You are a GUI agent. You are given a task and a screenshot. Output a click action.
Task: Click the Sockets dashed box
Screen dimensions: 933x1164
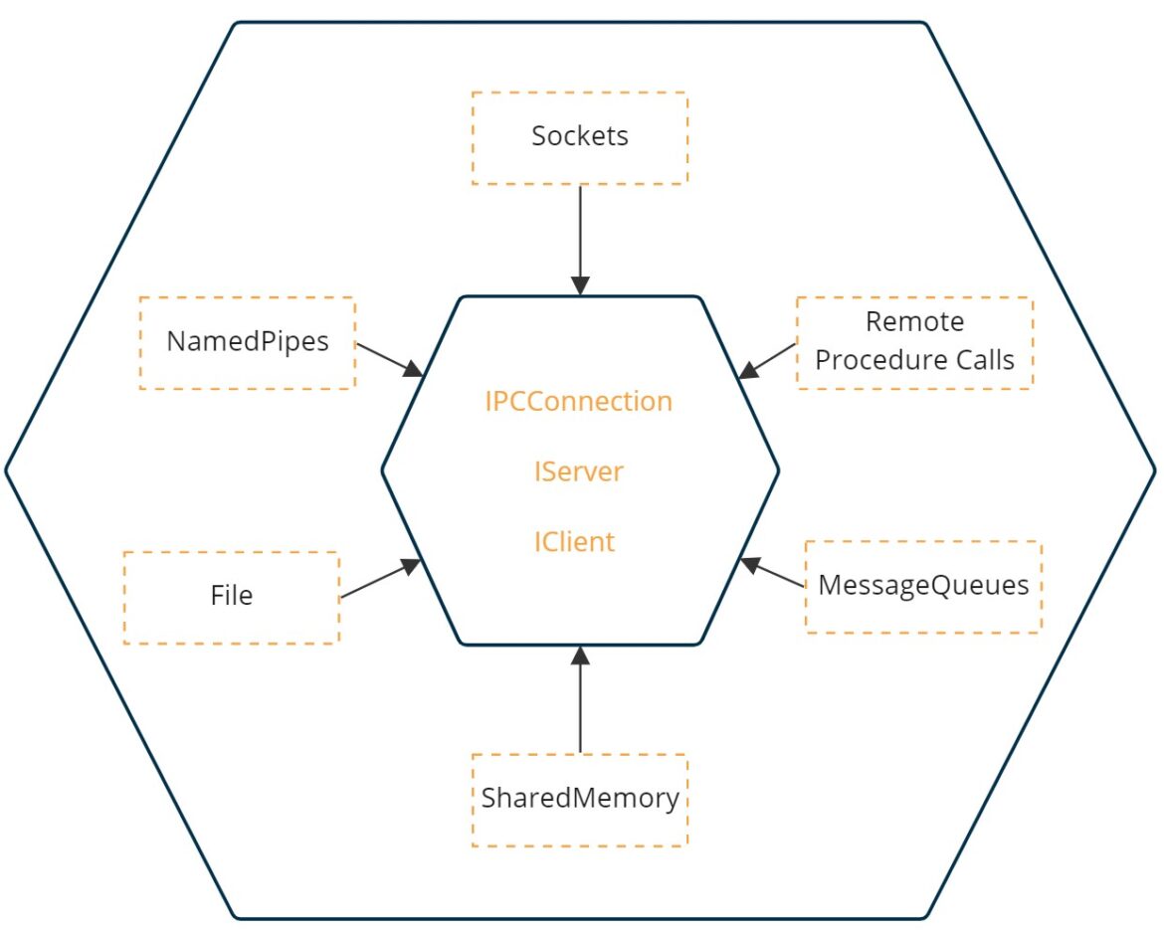tap(579, 137)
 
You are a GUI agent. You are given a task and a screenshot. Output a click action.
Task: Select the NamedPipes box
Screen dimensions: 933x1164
tap(247, 342)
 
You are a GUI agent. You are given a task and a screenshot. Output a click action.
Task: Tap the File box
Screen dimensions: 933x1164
tap(231, 597)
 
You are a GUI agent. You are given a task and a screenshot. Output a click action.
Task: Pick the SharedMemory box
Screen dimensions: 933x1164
tap(579, 800)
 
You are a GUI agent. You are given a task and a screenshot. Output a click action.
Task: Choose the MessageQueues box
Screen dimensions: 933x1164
tap(922, 587)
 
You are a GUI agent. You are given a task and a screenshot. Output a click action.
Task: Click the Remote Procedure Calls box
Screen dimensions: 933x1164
tap(913, 341)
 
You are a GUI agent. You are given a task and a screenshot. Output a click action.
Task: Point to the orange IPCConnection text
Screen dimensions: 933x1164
tap(578, 402)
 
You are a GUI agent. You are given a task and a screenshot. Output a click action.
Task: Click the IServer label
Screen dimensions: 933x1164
tap(578, 471)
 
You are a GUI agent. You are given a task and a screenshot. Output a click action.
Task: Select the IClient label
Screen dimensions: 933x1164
tap(574, 542)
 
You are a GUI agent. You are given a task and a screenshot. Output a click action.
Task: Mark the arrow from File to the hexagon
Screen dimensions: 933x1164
tap(378, 579)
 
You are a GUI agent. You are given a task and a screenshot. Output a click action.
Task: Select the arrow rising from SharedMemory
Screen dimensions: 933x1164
tap(580, 702)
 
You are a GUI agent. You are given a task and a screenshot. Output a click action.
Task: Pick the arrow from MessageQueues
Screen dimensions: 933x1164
tap(774, 574)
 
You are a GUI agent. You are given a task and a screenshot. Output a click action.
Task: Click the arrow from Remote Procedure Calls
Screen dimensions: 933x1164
tap(769, 360)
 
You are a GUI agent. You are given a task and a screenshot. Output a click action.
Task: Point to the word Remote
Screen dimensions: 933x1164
tap(914, 322)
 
